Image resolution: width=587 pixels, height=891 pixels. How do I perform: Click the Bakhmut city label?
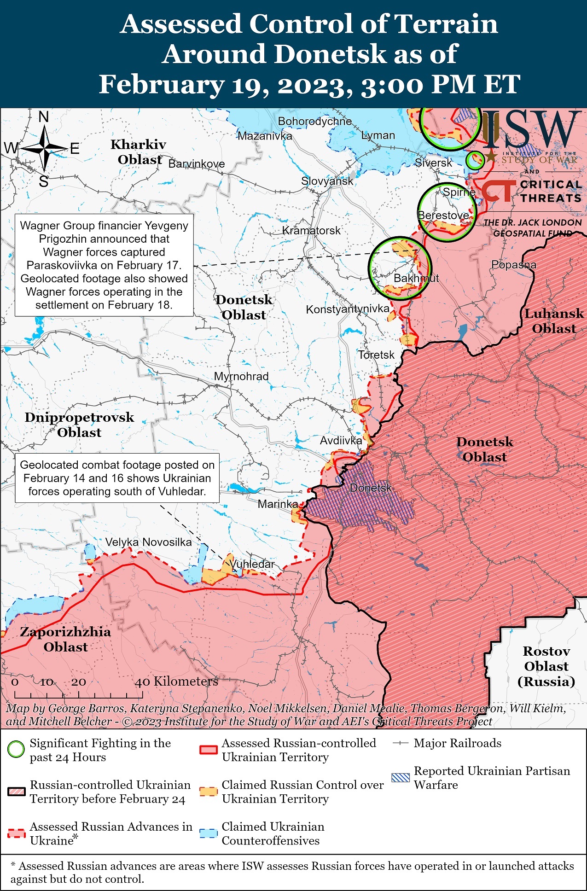(416, 278)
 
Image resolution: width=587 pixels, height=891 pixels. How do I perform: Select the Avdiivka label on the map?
(341, 441)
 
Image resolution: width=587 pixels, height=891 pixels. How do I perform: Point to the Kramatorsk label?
(311, 230)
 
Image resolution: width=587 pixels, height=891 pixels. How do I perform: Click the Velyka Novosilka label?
(148, 542)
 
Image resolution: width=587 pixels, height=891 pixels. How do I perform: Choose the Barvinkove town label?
(197, 164)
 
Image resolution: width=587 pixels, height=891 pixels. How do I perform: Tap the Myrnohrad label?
(241, 376)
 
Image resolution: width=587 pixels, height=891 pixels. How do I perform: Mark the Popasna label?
(513, 265)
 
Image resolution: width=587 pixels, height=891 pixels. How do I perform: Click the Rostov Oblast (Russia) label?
(546, 666)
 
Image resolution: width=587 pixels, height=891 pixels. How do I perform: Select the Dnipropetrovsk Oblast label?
(79, 425)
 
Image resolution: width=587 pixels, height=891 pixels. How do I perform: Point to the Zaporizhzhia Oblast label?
(65, 639)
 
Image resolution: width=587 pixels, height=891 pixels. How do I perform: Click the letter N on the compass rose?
(44, 117)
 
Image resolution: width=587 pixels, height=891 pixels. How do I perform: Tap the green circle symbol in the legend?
(16, 750)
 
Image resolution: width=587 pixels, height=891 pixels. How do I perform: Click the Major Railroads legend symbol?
(400, 743)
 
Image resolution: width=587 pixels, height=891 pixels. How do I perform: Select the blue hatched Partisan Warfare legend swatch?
(400, 778)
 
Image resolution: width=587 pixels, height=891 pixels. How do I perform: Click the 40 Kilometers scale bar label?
(176, 681)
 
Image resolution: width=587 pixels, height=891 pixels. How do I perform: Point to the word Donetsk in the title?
(330, 54)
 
